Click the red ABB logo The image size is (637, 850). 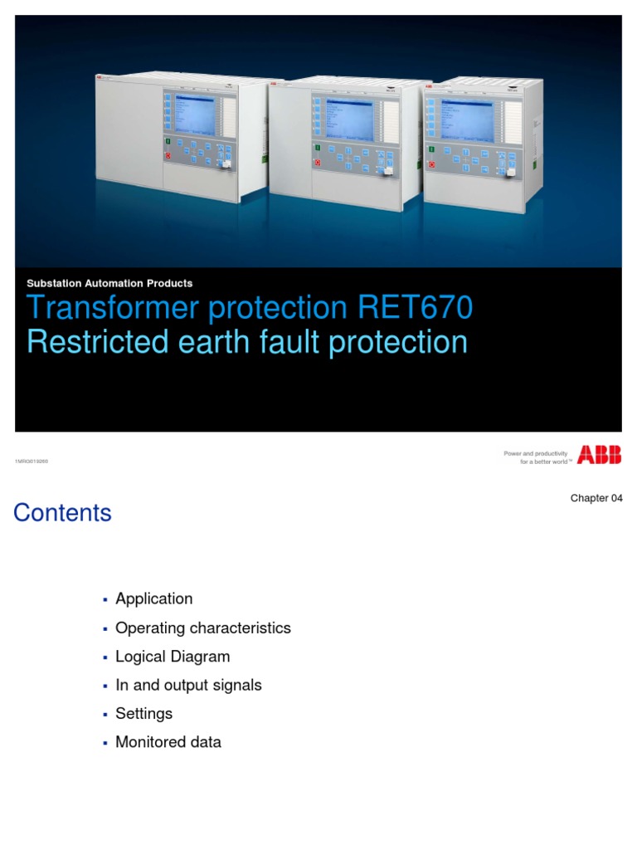pos(599,454)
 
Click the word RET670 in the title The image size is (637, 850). pos(415,308)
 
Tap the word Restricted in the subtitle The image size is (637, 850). pos(98,342)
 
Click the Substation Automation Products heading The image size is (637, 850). pos(109,284)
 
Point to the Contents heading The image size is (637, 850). pos(62,513)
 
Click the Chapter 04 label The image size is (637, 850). pos(596,498)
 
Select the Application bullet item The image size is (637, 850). pos(153,598)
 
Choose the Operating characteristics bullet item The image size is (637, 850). pos(202,628)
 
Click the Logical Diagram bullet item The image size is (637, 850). pos(173,657)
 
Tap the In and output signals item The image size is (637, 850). pos(188,685)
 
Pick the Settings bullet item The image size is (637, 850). pos(143,714)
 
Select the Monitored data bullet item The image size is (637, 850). pos(168,742)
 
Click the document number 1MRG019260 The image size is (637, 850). pos(32,461)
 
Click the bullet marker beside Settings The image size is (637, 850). pos(105,715)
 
